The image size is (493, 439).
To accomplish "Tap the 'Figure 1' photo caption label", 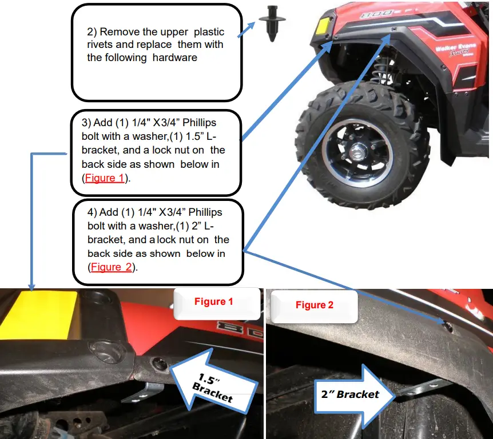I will [x=213, y=302].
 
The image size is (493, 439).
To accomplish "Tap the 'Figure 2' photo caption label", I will [x=314, y=305].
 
